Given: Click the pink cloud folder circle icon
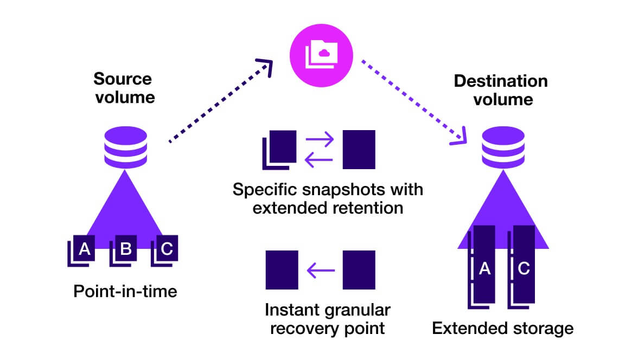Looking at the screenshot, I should [319, 51].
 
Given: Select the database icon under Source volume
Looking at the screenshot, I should [125, 147].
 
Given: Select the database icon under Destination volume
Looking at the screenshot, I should [503, 147].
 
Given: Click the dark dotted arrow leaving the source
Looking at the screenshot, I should [220, 104].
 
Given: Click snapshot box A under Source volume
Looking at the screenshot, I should [82, 250].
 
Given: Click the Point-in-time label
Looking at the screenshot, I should [125, 292].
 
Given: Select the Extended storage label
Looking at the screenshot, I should [502, 328].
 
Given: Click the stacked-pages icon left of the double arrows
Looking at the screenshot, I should [279, 149].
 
